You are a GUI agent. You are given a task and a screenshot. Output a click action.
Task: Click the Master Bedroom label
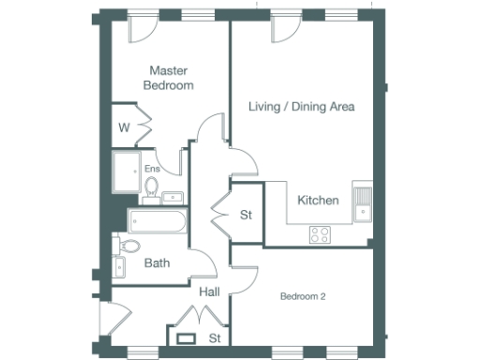[x=169, y=77]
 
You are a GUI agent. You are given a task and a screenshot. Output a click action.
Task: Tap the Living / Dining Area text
[x=301, y=107]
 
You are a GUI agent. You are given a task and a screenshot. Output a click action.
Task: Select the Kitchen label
[x=317, y=201]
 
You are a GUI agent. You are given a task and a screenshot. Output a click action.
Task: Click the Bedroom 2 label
[x=303, y=297]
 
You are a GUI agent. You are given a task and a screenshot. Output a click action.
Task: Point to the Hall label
[x=209, y=292]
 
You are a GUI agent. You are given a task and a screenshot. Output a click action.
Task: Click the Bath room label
[x=157, y=263]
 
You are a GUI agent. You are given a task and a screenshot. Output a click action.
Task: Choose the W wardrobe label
[x=124, y=126]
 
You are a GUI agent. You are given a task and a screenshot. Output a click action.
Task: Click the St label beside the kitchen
[x=247, y=216]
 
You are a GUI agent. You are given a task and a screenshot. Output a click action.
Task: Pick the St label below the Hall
[x=215, y=337]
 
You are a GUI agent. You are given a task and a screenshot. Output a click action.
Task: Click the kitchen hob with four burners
[x=320, y=234]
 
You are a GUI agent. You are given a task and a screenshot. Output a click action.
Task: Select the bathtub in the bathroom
[x=157, y=222]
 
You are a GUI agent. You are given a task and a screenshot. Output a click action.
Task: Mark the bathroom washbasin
[x=119, y=267]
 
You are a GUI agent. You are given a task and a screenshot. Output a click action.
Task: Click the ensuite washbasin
[x=174, y=197]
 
